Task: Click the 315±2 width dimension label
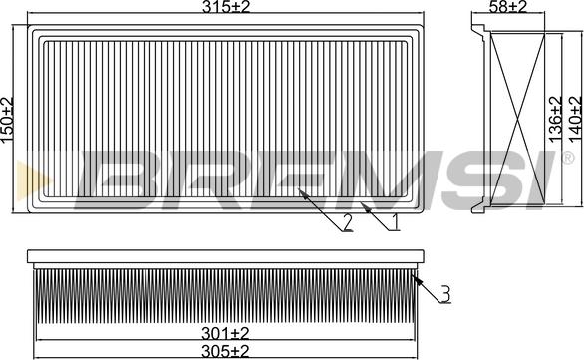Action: coord(225,6)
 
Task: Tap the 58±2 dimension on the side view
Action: coord(508,6)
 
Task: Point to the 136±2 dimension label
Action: coord(555,119)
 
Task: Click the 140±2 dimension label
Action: coord(575,119)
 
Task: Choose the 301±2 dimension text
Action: coord(225,333)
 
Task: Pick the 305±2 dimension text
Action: coord(225,351)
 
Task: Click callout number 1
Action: coord(394,222)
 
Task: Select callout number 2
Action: coord(347,222)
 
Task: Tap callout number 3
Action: coord(445,294)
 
